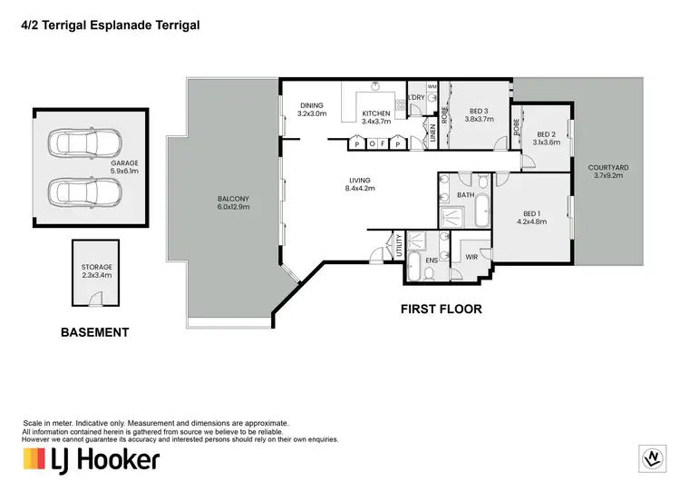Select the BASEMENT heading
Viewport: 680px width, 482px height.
point(94,333)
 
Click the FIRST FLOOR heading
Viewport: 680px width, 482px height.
point(441,310)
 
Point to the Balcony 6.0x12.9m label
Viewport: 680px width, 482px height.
point(232,203)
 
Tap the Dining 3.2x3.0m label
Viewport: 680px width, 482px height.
point(312,111)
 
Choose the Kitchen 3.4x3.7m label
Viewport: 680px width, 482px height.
point(374,116)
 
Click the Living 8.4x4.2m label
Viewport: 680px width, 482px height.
point(360,184)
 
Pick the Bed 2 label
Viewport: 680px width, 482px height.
point(547,137)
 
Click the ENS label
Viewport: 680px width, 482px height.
point(432,261)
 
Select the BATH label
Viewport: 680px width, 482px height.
point(466,195)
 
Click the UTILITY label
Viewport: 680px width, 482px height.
point(397,246)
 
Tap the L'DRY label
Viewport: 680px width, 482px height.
point(416,97)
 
